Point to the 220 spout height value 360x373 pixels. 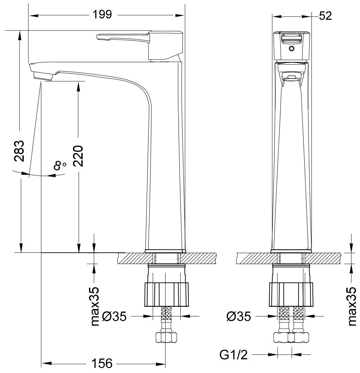pyautogui.click(x=78, y=157)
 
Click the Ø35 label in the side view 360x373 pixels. pyautogui.click(x=114, y=316)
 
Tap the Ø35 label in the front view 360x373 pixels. pyautogui.click(x=238, y=316)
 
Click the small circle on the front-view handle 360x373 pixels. pyautogui.click(x=292, y=48)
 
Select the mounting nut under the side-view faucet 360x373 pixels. pyautogui.click(x=166, y=294)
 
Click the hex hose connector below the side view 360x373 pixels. pyautogui.click(x=166, y=337)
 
